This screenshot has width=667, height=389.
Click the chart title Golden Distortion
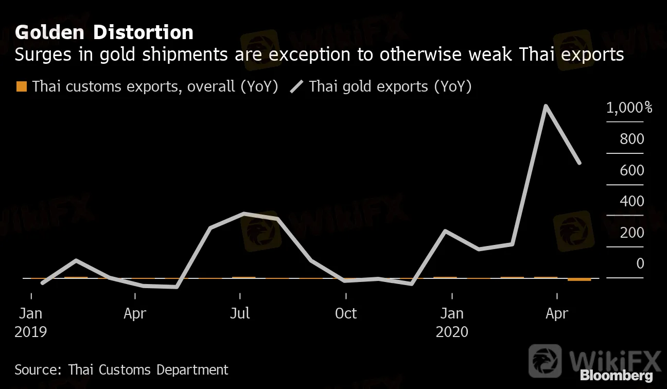coord(104,32)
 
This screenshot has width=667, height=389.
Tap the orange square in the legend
coord(22,86)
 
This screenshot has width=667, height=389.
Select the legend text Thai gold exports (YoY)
coord(390,86)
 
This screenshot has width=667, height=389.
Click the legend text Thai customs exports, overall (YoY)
coord(155,86)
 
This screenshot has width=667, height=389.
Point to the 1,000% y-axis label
coord(629,108)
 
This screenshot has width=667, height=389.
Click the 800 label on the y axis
coord(632,139)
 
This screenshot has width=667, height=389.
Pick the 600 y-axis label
coord(632,170)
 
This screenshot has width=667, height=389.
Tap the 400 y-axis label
coord(632,201)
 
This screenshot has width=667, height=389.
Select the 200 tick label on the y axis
coord(632,233)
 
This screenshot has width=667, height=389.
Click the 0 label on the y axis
coord(640,263)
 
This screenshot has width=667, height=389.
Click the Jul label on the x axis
coord(240,313)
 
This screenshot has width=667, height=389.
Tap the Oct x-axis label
coord(345,313)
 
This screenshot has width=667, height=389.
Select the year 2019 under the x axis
coord(31,332)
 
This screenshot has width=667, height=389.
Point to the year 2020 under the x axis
coord(452,332)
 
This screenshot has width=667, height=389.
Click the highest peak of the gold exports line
coord(546,106)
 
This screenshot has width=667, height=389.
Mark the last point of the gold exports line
coord(580,163)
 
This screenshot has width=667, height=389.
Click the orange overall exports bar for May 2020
coord(580,279)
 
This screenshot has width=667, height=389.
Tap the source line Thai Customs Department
coord(121,369)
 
